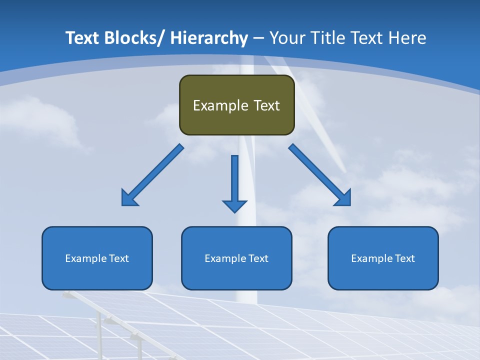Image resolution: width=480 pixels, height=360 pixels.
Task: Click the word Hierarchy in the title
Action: click(209, 38)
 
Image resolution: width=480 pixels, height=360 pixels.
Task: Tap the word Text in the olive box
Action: click(266, 105)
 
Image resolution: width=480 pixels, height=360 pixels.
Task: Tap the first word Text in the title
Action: click(82, 38)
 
